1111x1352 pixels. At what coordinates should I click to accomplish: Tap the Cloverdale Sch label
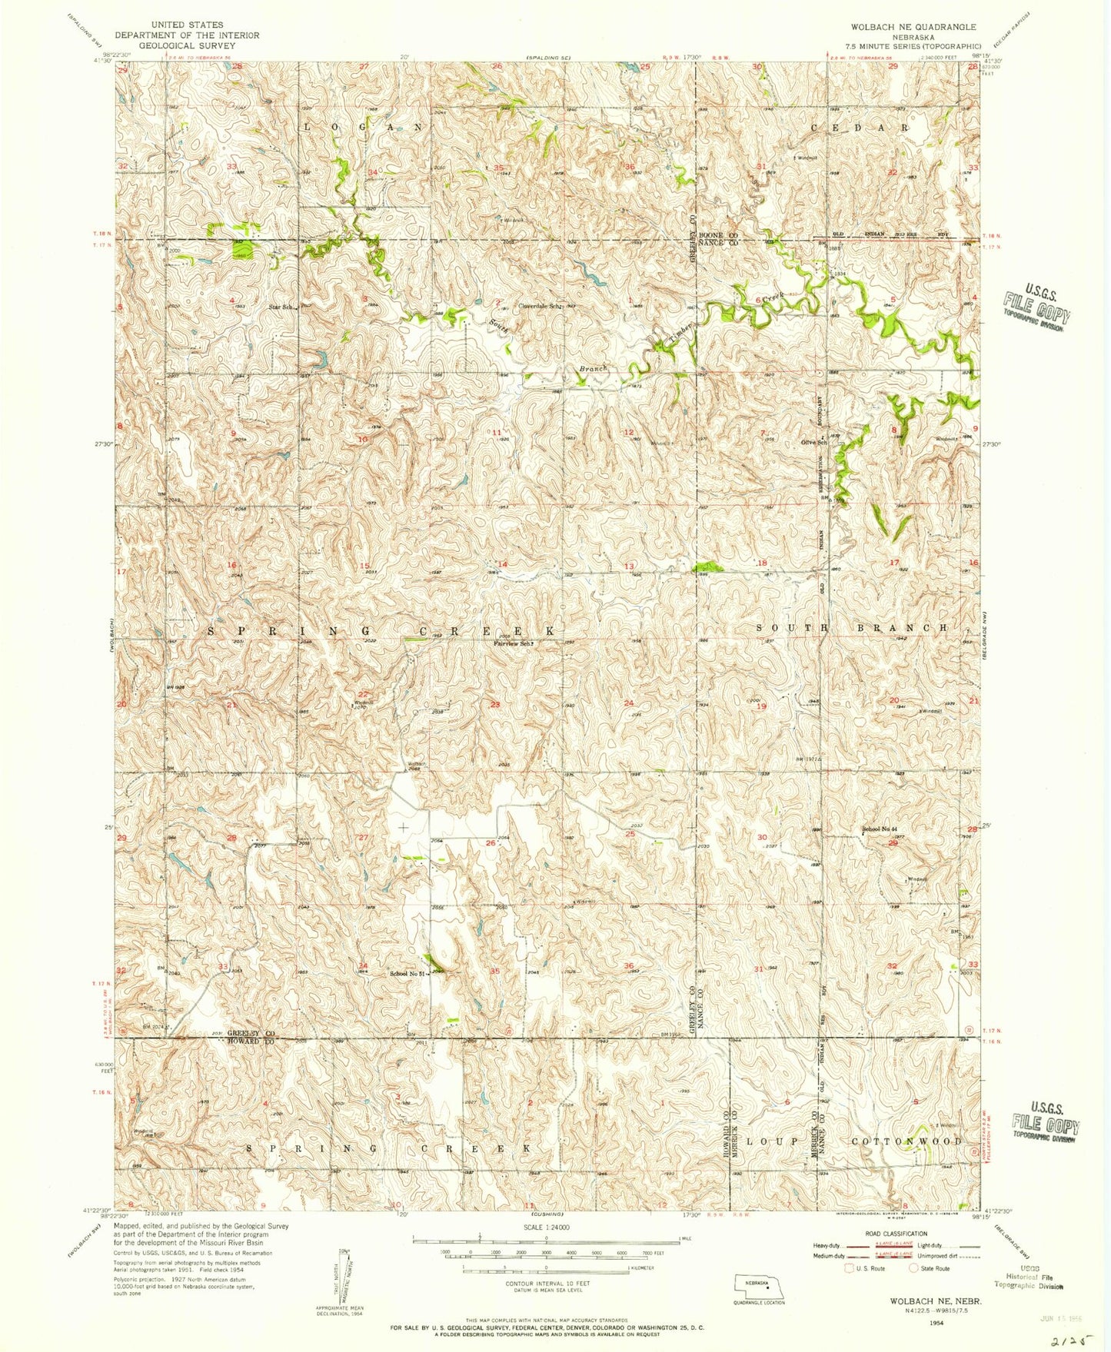click(541, 306)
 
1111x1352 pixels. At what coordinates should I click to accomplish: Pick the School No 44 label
click(880, 829)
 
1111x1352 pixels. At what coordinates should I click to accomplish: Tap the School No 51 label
click(407, 974)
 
